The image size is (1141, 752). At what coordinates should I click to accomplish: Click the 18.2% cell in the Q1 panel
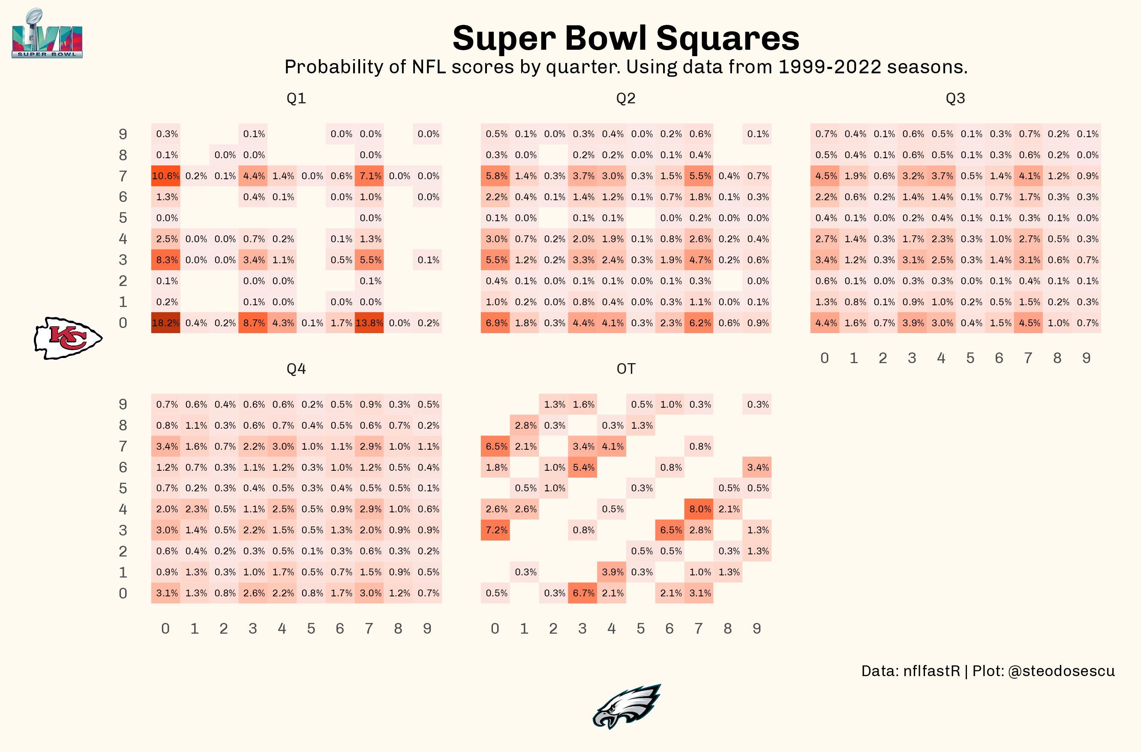[165, 323]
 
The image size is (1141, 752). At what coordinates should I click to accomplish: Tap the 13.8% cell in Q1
[369, 323]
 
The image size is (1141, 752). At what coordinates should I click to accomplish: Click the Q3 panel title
[955, 98]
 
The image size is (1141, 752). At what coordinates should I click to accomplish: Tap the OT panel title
[626, 369]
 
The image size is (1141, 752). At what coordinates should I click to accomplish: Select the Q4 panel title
[296, 369]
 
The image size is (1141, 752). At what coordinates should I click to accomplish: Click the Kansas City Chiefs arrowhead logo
[68, 338]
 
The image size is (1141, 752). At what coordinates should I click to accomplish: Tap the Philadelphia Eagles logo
[626, 707]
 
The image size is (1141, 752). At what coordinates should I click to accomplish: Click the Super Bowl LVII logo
[47, 34]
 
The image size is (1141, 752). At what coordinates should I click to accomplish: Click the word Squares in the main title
[727, 38]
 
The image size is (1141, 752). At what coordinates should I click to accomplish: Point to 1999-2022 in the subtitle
[829, 66]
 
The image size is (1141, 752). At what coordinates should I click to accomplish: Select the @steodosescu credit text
[1061, 671]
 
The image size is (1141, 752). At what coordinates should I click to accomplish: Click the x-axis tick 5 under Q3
[970, 358]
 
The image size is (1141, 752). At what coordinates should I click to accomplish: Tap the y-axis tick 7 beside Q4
[123, 446]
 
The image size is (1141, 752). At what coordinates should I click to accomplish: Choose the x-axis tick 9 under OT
[757, 628]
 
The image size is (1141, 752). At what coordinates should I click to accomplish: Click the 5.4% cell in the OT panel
[583, 467]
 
